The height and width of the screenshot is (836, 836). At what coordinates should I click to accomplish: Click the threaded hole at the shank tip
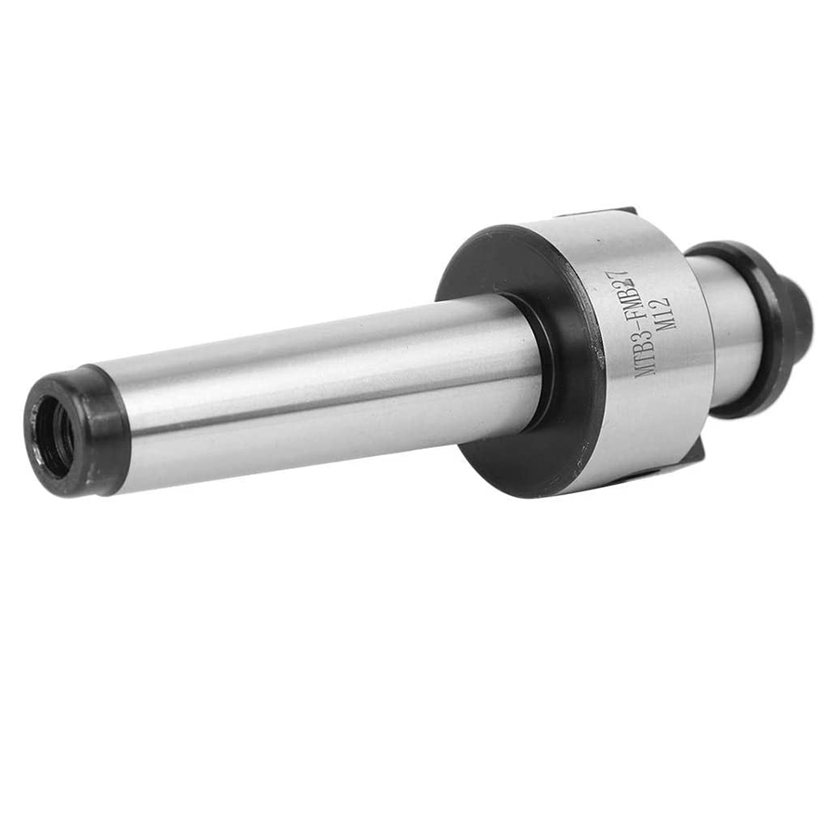point(56,438)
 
